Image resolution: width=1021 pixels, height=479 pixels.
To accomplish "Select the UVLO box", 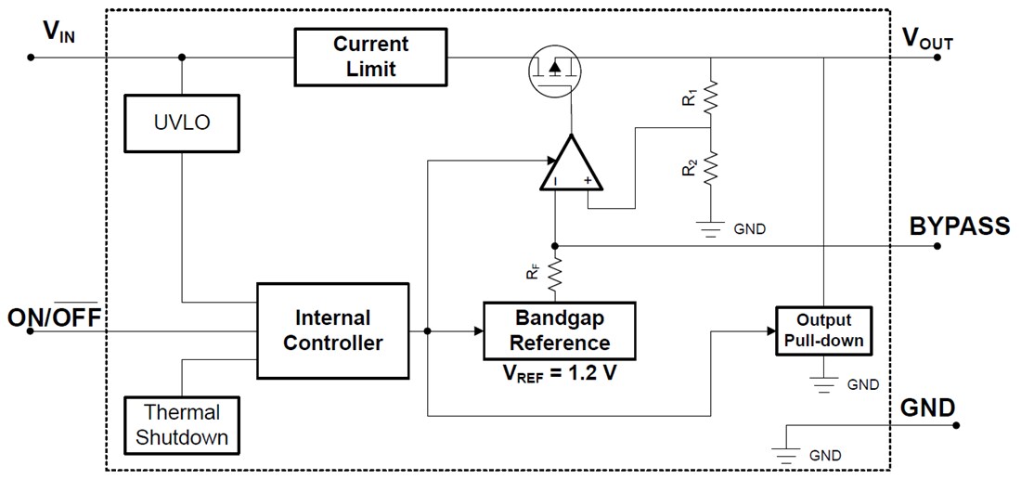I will [x=182, y=123].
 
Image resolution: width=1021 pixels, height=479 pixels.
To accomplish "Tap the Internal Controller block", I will [x=332, y=330].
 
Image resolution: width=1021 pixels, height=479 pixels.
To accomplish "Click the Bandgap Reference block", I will [x=559, y=330].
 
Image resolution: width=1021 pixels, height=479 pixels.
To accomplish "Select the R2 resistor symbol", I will [x=710, y=169].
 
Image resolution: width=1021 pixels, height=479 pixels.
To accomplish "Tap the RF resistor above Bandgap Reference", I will [x=555, y=274].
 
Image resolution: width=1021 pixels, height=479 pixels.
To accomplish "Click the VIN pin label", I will [x=58, y=32].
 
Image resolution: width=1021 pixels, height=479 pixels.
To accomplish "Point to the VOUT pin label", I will [x=927, y=38].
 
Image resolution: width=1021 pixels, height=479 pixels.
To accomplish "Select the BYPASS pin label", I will [x=959, y=227].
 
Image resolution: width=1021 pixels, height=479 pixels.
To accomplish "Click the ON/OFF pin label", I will [x=54, y=318].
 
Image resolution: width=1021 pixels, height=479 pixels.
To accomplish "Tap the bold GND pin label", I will [x=927, y=408].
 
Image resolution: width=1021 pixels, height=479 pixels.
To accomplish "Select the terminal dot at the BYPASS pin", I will [x=938, y=246].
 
